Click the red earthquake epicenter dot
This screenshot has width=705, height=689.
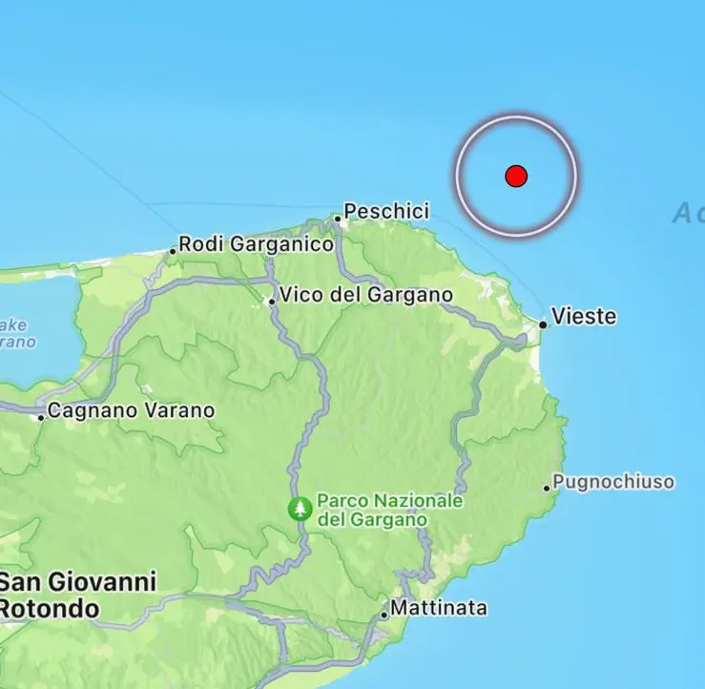coord(516,176)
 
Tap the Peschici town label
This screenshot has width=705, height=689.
coord(386,211)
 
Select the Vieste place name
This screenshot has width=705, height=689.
coord(584,317)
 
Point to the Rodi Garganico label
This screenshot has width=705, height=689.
coord(257,244)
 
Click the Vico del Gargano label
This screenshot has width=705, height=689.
coord(365,295)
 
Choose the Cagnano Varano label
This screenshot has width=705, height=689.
coord(131,410)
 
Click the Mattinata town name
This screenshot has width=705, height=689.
coord(440,608)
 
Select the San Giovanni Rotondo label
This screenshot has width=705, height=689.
coord(76,595)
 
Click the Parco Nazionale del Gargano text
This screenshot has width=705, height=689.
coord(389,510)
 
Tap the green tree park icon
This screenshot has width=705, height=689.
coord(300,509)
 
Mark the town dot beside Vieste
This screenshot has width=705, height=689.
coord(543,324)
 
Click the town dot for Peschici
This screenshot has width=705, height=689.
coord(337,219)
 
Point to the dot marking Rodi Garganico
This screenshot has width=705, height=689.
coord(173,251)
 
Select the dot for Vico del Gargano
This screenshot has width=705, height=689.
coord(272,301)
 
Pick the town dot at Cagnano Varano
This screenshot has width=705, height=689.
coord(41,416)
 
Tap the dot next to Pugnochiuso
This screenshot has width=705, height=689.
coord(548,488)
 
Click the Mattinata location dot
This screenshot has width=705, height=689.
coord(384,615)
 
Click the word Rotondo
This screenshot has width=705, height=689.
coord(50,608)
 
